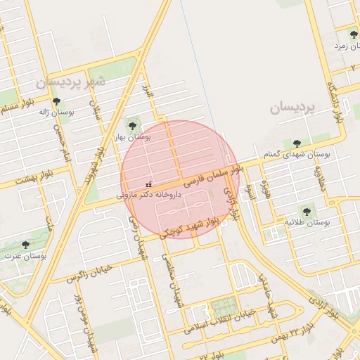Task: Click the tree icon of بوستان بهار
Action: (x=132, y=126)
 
